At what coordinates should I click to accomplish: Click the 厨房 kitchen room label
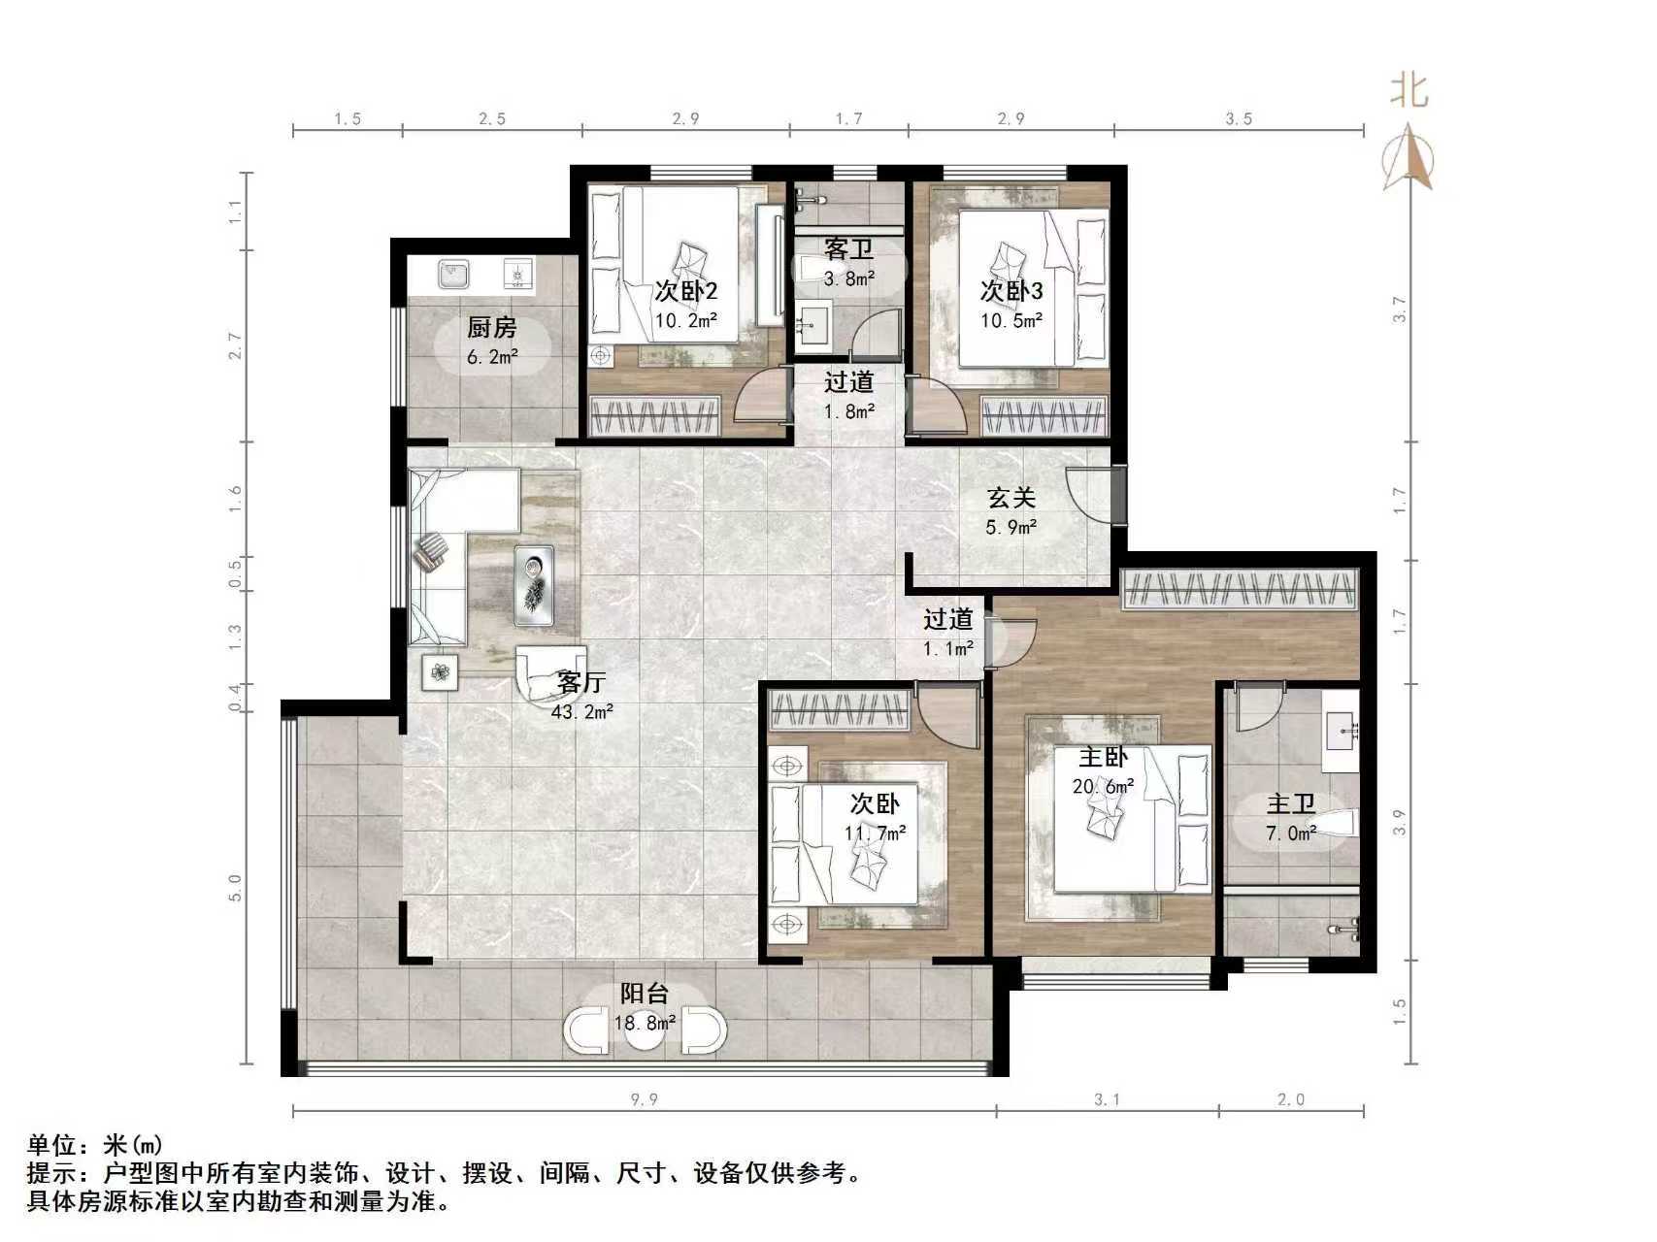click(x=491, y=328)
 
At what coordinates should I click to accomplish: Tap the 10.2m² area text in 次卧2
click(x=685, y=320)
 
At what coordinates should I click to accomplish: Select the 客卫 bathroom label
click(x=848, y=249)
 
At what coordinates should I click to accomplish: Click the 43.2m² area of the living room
click(x=581, y=712)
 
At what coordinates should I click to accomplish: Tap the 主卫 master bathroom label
click(x=1290, y=803)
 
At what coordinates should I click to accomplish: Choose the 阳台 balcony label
click(x=645, y=994)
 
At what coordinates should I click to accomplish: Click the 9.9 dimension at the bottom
click(x=645, y=1099)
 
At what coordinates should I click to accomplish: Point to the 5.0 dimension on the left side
click(x=234, y=888)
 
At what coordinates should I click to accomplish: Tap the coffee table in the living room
click(x=533, y=585)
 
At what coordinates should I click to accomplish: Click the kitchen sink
click(x=452, y=274)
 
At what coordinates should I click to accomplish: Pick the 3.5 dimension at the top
click(x=1238, y=119)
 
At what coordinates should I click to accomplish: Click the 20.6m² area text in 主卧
click(x=1103, y=787)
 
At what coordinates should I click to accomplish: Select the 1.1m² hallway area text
click(x=947, y=649)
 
